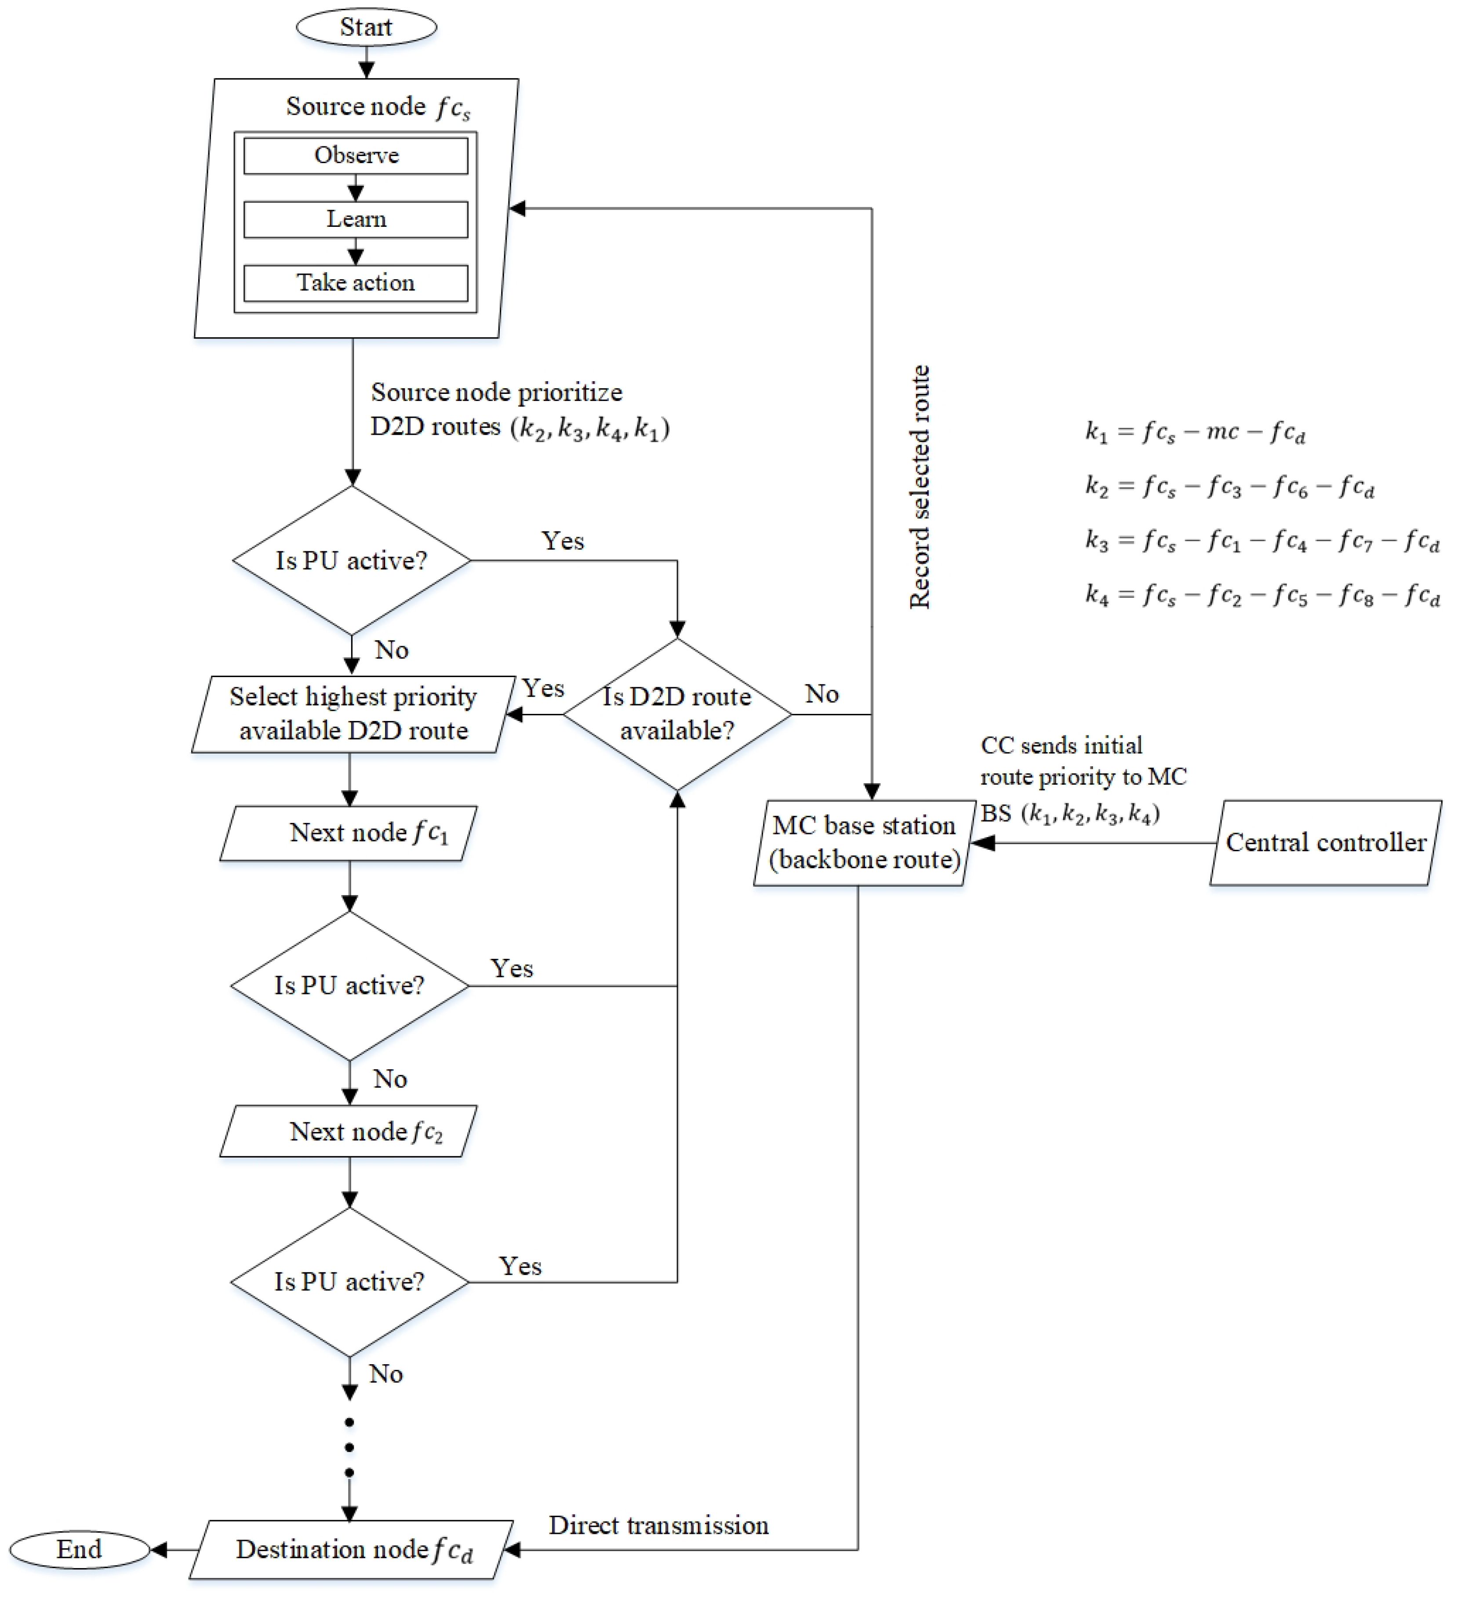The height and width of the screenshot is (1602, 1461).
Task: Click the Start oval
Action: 366,27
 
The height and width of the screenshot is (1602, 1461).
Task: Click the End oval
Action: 80,1550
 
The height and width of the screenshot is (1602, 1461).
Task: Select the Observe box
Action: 356,156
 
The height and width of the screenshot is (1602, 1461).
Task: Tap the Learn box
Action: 356,219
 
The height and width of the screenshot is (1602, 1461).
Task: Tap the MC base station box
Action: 865,843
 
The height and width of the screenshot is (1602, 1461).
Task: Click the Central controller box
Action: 1326,843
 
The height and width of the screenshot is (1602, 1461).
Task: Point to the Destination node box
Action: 351,1550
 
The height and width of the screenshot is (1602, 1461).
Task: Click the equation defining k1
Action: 1195,432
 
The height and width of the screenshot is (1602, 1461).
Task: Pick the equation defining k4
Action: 1262,595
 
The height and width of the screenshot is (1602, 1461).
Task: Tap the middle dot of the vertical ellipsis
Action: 349,1448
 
